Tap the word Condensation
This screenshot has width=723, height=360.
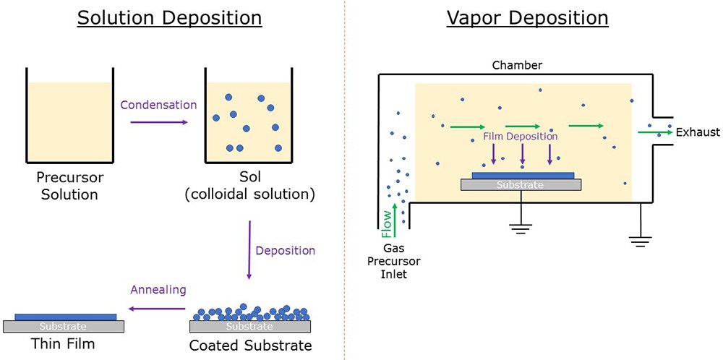(x=158, y=105)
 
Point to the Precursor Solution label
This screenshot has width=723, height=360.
(x=69, y=186)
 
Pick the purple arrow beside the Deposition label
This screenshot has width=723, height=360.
(x=249, y=250)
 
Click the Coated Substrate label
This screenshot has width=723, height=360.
(x=250, y=346)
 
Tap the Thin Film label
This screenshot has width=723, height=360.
(x=64, y=343)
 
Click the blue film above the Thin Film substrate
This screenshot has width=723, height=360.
(x=65, y=317)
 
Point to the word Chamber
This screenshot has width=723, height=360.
(x=517, y=66)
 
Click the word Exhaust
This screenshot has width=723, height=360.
(x=698, y=132)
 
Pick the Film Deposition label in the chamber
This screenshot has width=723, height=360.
(x=521, y=136)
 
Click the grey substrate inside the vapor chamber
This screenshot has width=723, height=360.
(x=521, y=185)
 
